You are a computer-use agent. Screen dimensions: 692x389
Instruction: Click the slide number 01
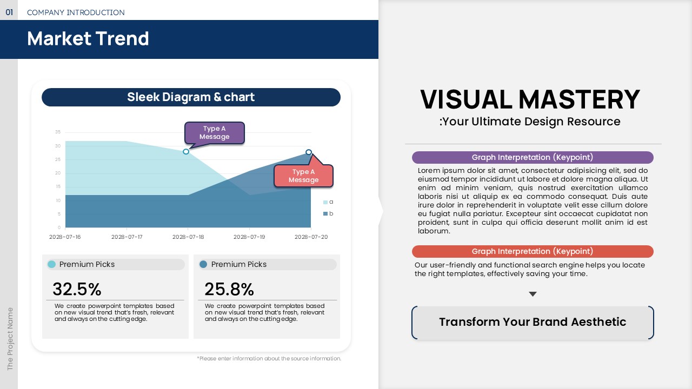9,12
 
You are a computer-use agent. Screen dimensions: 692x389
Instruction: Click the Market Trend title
88,38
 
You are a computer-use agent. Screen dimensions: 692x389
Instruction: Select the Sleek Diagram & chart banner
191,97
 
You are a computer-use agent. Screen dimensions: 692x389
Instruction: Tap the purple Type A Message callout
215,133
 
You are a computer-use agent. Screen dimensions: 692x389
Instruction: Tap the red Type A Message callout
303,176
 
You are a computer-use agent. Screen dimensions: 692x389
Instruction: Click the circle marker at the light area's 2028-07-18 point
185,152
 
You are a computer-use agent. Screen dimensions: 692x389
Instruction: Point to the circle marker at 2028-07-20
309,152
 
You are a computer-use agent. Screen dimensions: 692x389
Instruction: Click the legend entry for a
328,202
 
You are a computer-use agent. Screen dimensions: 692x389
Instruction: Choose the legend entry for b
328,213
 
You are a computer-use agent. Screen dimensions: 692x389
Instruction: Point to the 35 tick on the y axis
58,132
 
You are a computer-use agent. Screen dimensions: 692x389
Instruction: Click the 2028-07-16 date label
65,237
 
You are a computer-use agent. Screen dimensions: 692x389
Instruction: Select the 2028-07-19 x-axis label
249,237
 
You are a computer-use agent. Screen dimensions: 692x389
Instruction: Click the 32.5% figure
77,289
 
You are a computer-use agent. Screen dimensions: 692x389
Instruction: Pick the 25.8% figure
229,289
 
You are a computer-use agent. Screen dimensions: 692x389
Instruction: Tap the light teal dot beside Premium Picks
51,264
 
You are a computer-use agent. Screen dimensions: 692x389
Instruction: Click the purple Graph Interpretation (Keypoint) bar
533,157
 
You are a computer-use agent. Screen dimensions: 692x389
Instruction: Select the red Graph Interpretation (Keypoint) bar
533,251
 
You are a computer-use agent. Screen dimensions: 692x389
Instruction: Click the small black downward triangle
533,294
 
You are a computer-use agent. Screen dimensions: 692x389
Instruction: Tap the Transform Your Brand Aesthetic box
533,323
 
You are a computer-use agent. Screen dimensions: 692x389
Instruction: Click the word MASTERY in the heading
579,99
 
